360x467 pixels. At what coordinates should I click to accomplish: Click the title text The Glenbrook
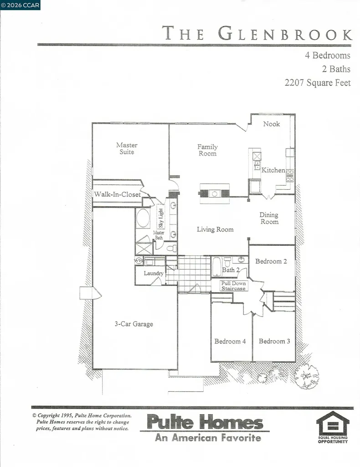[257, 34]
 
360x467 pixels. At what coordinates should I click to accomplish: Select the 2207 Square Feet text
[318, 83]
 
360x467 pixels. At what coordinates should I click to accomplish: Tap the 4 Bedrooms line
[327, 56]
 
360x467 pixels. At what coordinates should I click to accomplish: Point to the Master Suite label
[127, 148]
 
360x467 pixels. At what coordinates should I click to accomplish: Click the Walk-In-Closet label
[117, 194]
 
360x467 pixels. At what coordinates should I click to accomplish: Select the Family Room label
[207, 150]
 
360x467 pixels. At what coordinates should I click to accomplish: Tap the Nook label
[272, 124]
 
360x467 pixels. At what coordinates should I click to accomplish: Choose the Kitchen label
[273, 170]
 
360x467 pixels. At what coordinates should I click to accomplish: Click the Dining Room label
[269, 218]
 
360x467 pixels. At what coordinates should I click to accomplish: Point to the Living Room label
[215, 229]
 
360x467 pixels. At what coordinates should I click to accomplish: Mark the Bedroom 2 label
[271, 261]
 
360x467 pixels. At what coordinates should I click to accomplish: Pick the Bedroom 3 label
[274, 341]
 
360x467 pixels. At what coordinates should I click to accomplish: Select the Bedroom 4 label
[230, 341]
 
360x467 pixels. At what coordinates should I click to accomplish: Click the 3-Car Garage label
[134, 324]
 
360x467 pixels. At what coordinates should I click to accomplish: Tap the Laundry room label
[154, 273]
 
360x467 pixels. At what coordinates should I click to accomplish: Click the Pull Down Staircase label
[233, 286]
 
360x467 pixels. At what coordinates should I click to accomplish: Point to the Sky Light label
[161, 218]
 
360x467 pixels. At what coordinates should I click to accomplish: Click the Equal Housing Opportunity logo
[333, 427]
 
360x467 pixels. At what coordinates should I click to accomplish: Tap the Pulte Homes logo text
[204, 422]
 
